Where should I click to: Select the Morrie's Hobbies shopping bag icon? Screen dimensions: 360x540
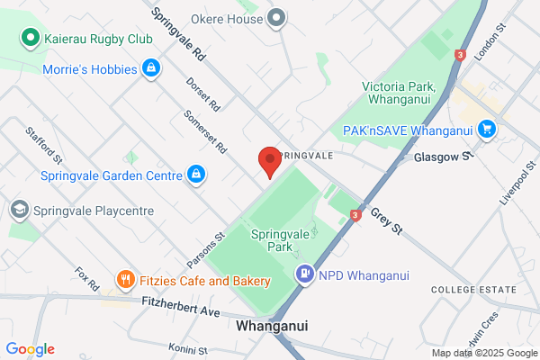point(151,68)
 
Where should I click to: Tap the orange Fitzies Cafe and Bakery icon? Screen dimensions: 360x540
point(125,281)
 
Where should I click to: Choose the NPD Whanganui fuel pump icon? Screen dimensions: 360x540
point(305,274)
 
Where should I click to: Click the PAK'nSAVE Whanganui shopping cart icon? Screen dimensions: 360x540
point(487,130)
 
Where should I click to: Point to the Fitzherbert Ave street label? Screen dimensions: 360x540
point(181,304)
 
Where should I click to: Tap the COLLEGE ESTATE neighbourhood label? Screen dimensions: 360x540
point(473,290)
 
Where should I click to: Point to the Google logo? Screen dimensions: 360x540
point(31,349)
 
